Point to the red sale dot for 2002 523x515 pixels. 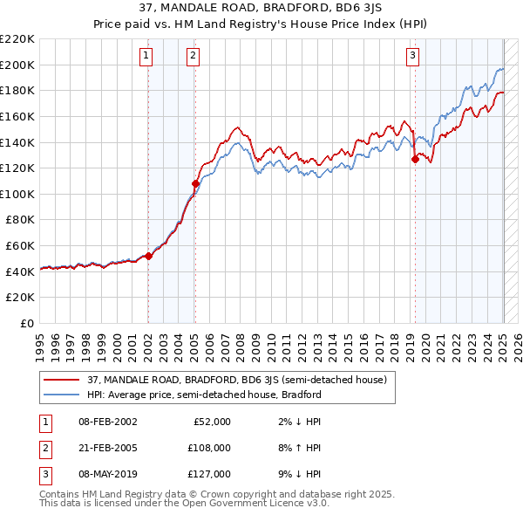point(148,256)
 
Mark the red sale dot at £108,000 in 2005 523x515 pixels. point(195,183)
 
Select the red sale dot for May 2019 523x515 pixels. point(416,159)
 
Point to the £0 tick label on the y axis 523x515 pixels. point(26,323)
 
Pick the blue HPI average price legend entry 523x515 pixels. point(204,395)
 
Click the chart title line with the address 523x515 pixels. point(261,8)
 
